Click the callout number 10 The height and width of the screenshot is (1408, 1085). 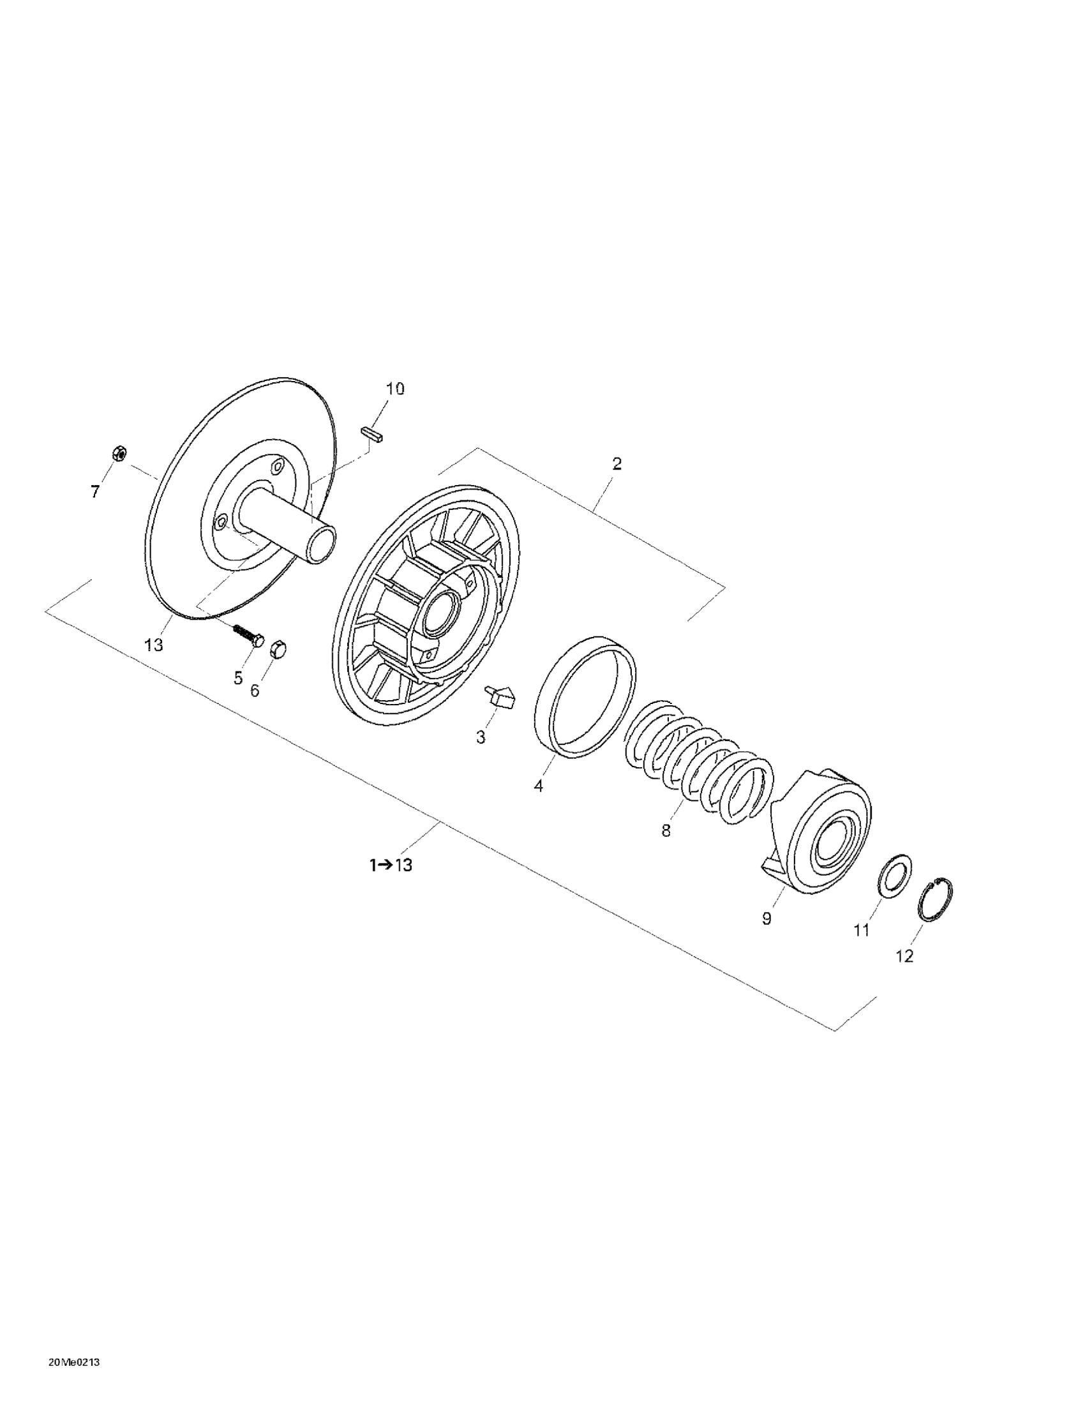(x=395, y=389)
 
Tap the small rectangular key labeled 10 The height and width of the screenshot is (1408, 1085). (x=372, y=433)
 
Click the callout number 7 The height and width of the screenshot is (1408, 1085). (x=94, y=492)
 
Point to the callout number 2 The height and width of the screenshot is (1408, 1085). (x=617, y=463)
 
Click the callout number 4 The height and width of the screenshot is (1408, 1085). (x=538, y=786)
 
